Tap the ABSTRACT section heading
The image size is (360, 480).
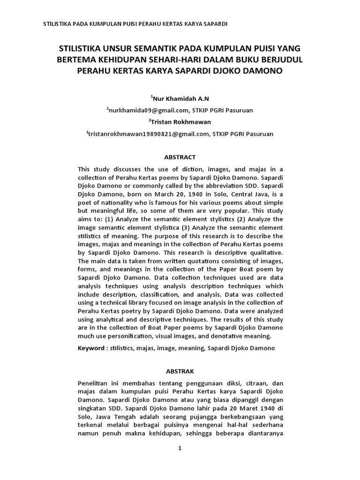pyautogui.click(x=180, y=157)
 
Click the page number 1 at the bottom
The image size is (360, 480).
pyautogui.click(x=180, y=448)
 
